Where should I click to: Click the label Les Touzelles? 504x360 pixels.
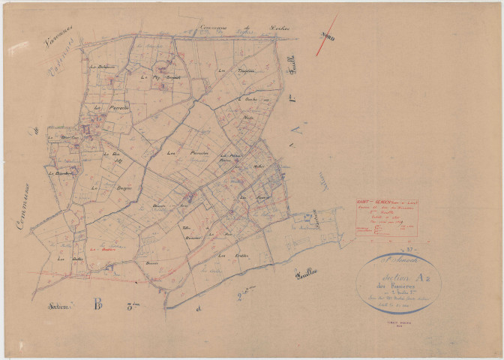coord(228,70)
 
